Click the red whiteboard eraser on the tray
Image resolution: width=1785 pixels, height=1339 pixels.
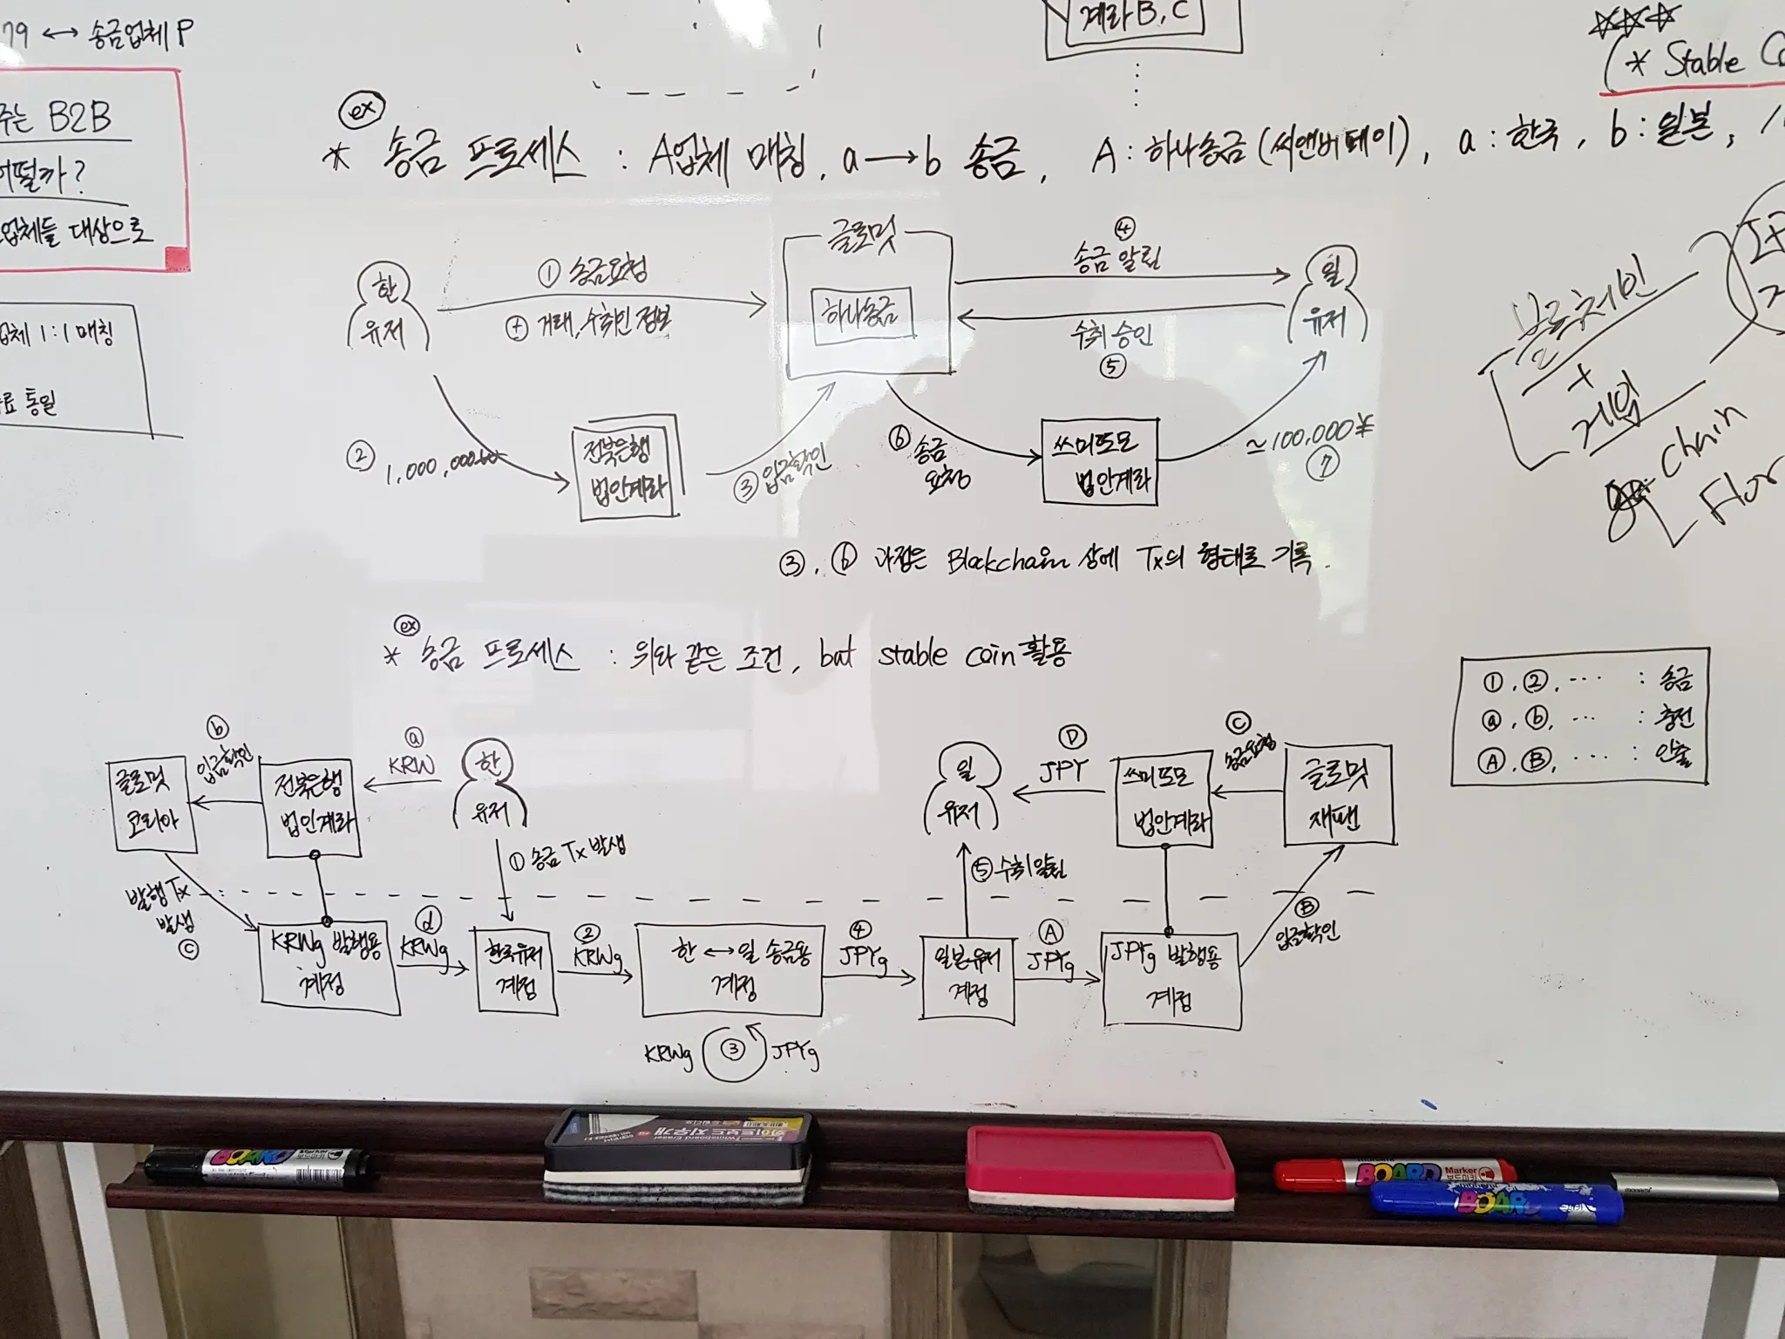[1100, 1168]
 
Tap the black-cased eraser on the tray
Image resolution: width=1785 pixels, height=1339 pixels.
[678, 1156]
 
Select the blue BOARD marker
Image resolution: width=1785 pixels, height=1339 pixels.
[1494, 1202]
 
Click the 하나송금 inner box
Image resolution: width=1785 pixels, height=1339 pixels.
[862, 313]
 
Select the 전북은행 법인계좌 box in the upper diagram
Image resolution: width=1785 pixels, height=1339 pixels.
[627, 472]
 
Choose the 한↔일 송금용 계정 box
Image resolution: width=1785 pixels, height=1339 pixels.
[731, 969]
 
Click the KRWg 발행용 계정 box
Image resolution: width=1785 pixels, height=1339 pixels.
[329, 969]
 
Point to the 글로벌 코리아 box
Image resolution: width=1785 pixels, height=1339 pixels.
[152, 803]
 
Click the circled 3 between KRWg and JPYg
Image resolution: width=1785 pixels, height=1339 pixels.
[733, 1050]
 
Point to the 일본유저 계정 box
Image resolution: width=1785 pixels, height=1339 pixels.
[967, 977]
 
